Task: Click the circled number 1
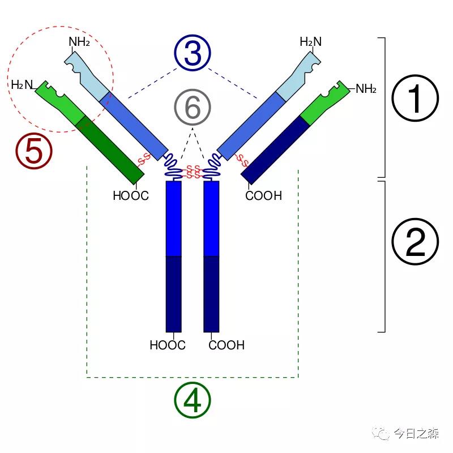[416, 99]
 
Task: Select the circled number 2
[416, 242]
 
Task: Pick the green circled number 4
[193, 400]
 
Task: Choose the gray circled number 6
[193, 107]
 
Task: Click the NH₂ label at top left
[79, 41]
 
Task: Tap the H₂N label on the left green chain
[22, 85]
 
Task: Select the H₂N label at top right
[310, 41]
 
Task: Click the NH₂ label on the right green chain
[366, 89]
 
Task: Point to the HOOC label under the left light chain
[130, 196]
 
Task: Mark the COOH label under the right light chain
[263, 196]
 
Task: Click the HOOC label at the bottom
[167, 345]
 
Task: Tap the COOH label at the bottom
[226, 345]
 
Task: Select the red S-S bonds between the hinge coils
[193, 170]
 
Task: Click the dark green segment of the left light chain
[111, 149]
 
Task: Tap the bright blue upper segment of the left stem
[173, 218]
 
